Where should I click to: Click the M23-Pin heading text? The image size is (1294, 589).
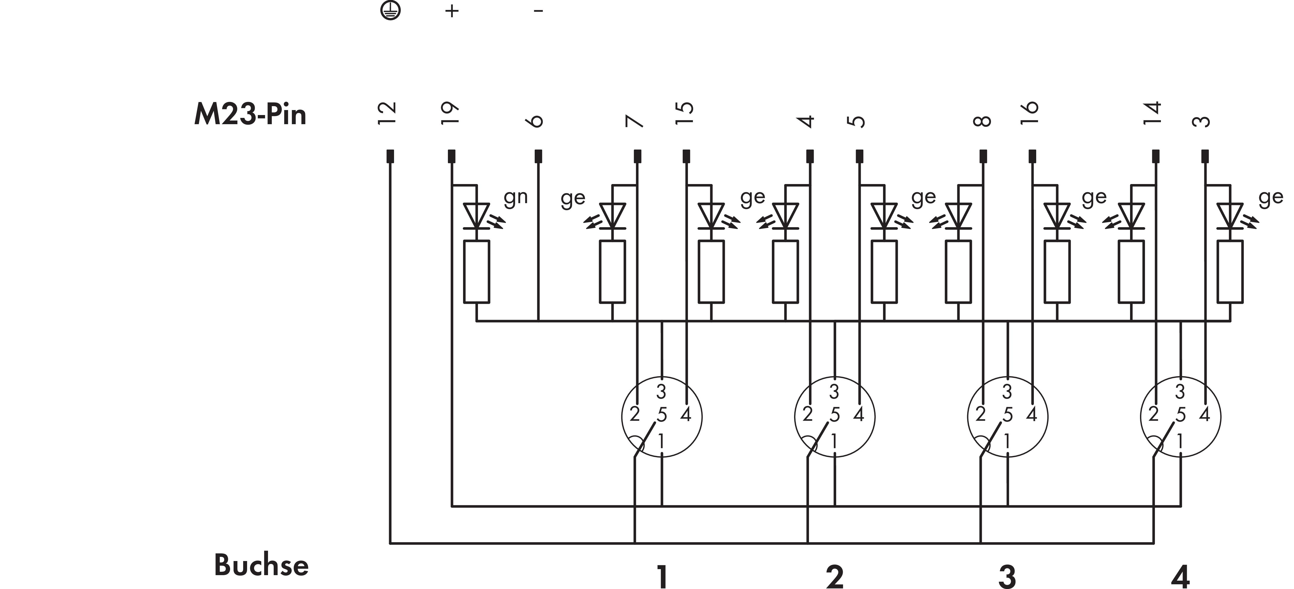(x=250, y=115)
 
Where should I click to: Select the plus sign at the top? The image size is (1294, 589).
(x=452, y=10)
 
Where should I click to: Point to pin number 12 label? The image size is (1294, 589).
(x=387, y=113)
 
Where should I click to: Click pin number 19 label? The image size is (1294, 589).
(x=449, y=113)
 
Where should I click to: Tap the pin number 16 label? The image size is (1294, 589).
(x=1029, y=113)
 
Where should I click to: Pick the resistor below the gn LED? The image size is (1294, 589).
(x=476, y=272)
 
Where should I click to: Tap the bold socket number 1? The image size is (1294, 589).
(x=662, y=577)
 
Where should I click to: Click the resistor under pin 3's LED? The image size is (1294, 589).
(x=1230, y=272)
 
